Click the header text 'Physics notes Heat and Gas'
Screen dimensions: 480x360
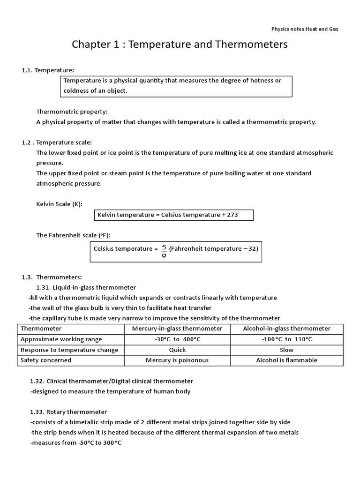pos(305,29)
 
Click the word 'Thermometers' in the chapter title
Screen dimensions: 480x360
pos(252,45)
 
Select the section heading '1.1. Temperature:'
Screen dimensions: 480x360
pos(48,70)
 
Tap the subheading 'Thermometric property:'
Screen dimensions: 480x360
pos(72,112)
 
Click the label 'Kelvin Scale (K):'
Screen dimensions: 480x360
pos(62,204)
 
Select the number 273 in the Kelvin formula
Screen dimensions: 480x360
pos(232,215)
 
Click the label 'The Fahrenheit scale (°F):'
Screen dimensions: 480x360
pos(74,235)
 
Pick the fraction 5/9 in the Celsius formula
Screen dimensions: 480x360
pos(164,251)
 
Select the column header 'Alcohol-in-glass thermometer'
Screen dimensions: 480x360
pos(286,329)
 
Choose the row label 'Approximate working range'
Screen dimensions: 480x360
pos(61,339)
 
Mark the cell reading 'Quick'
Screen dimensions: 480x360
pos(177,350)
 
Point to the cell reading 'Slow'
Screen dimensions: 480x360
pos(286,350)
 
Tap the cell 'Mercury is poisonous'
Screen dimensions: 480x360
pos(177,360)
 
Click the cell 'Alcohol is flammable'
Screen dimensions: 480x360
pos(286,360)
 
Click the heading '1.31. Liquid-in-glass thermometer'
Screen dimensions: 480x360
pos(86,287)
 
